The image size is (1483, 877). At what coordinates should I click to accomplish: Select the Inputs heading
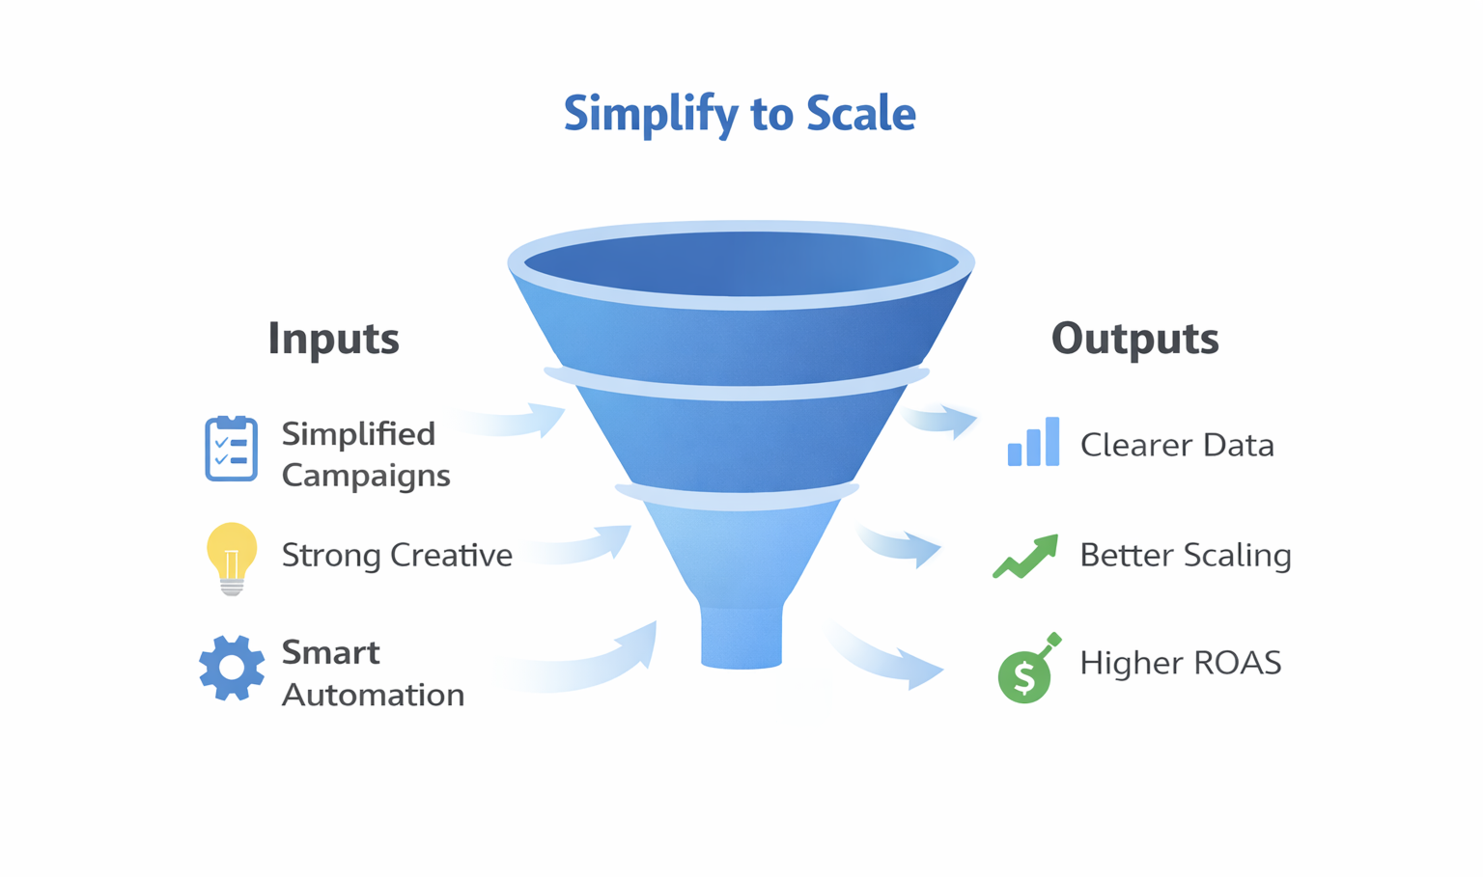click(x=333, y=339)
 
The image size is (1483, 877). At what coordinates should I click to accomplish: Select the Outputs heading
click(x=1134, y=339)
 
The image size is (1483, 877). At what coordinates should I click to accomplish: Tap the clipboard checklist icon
click(x=231, y=449)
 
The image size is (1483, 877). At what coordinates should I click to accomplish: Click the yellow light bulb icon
click(x=232, y=557)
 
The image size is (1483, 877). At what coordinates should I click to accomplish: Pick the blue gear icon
click(x=232, y=668)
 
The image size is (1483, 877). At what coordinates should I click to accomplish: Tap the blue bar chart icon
click(x=1033, y=443)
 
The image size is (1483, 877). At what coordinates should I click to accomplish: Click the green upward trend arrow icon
click(x=1026, y=557)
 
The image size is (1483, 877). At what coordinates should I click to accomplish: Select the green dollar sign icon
click(x=1025, y=673)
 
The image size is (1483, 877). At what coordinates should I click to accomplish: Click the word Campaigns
click(x=366, y=476)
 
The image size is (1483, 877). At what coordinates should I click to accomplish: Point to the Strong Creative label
click(x=397, y=556)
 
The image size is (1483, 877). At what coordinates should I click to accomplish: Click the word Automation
click(x=373, y=695)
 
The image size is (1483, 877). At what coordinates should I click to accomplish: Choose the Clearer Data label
click(x=1177, y=446)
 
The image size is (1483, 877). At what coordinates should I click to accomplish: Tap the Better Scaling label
click(x=1185, y=556)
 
